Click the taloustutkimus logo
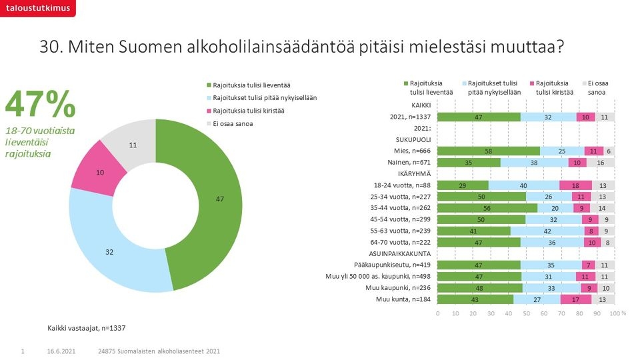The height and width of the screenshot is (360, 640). click(37, 7)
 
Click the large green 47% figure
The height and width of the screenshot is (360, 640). click(40, 103)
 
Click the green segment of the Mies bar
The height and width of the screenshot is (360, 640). click(489, 151)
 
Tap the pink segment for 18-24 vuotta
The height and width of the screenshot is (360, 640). click(575, 185)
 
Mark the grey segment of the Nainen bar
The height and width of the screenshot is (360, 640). click(601, 162)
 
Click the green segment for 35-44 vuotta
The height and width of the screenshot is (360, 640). click(487, 208)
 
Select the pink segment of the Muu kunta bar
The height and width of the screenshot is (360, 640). click(576, 299)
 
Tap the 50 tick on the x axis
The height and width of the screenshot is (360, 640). click(526, 312)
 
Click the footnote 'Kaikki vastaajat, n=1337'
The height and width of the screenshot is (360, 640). click(87, 328)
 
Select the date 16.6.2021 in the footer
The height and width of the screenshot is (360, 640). click(60, 351)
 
